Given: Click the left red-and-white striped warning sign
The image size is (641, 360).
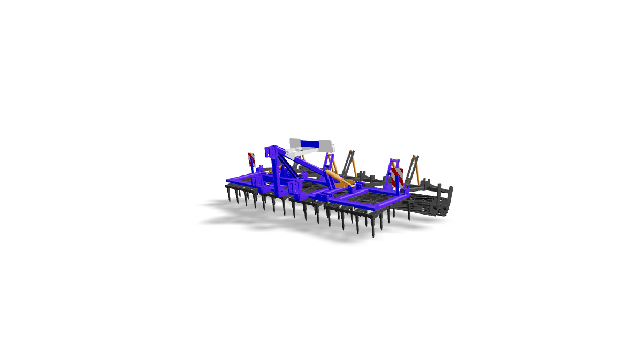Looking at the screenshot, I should click(251, 158).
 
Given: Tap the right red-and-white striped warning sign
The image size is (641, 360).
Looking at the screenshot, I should click(396, 176).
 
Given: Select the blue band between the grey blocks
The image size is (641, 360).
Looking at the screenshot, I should click(309, 143).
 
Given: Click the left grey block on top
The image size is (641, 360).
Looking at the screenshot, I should click(295, 143).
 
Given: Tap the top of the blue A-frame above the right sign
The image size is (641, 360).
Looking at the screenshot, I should click(394, 160).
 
